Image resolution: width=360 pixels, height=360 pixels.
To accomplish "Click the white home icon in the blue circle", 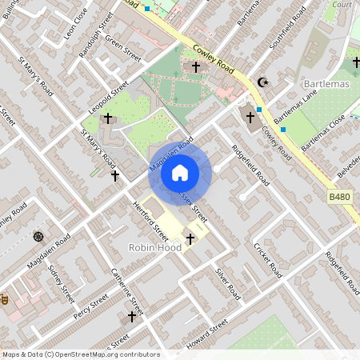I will [180, 173].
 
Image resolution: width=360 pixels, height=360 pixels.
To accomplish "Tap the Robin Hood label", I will [155, 248].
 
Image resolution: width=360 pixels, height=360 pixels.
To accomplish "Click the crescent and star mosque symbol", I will [262, 82].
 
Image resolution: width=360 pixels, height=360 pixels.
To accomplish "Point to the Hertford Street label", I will [150, 220].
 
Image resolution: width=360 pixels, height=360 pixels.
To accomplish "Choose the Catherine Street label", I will [128, 292].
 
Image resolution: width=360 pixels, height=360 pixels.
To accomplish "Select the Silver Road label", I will [227, 284].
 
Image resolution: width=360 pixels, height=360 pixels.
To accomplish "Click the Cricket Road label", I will [267, 260].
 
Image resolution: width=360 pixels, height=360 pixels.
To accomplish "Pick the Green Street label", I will [123, 49].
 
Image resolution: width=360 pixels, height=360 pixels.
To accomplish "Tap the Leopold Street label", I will [109, 94].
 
